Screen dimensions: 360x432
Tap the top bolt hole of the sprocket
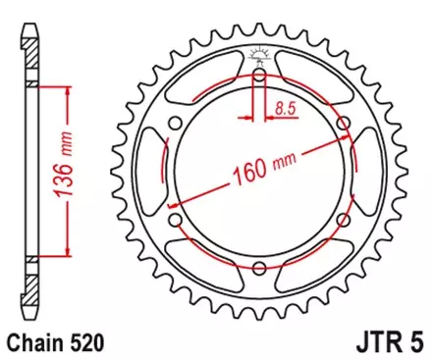tap(258, 75)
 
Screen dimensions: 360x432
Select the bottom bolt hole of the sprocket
tap(258, 270)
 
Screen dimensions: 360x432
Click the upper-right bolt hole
tap(343, 123)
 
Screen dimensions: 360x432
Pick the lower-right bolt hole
tap(343, 222)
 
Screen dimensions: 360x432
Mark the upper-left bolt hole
tap(174, 123)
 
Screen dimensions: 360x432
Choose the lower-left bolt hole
tap(174, 222)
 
